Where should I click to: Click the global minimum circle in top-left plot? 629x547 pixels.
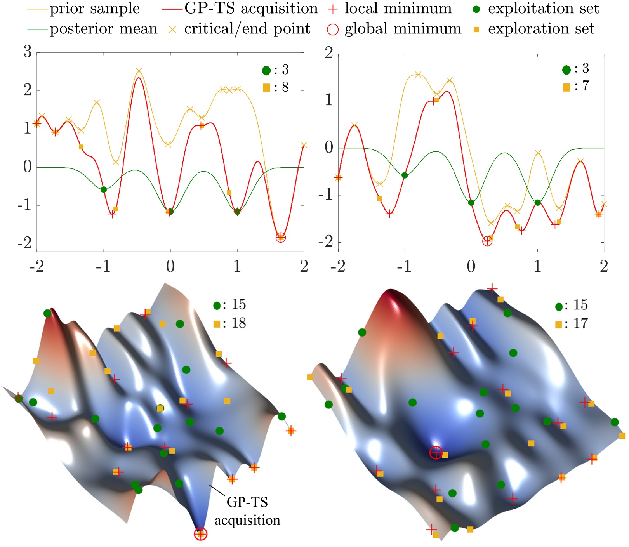(281, 237)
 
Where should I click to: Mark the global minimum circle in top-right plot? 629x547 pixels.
(487, 241)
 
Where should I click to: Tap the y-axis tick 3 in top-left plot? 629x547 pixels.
(27, 52)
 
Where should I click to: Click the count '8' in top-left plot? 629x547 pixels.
(285, 87)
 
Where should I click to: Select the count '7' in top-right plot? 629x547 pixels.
(586, 86)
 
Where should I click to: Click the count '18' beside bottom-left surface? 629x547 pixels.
(239, 323)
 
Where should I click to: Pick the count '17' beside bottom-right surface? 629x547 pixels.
(581, 323)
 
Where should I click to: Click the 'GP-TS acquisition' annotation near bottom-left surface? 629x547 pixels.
(247, 511)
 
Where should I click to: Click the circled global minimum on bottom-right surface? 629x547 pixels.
(436, 452)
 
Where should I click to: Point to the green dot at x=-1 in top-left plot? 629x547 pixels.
(104, 189)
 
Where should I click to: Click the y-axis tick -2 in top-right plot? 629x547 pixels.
(325, 242)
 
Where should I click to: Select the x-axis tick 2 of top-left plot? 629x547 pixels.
(304, 267)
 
